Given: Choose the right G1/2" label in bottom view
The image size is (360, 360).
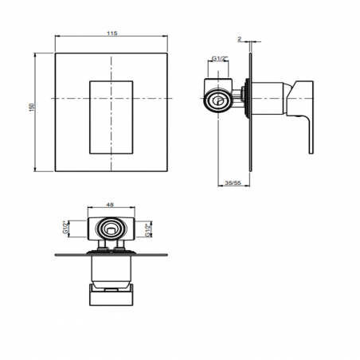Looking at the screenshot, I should coord(151,231).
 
